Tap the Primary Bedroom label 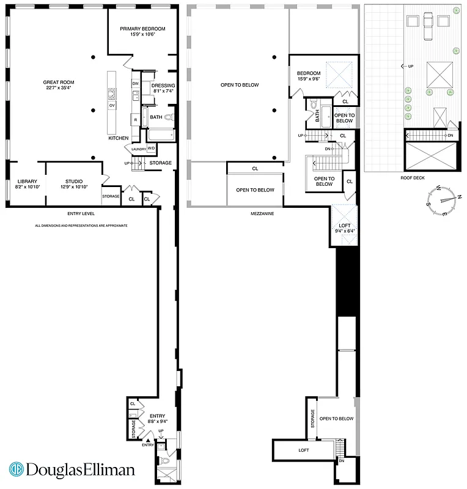point(142,32)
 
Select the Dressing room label point(163,88)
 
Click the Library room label point(28,184)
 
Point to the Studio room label point(74,184)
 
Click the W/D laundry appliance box point(151,148)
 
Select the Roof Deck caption point(413,178)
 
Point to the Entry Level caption point(81,215)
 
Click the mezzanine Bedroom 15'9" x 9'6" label point(308,76)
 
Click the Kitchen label point(119,138)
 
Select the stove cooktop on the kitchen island point(112,94)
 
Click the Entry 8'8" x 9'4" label point(157,419)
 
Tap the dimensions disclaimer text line point(81,226)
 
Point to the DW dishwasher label point(136,83)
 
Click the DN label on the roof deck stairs point(450,135)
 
